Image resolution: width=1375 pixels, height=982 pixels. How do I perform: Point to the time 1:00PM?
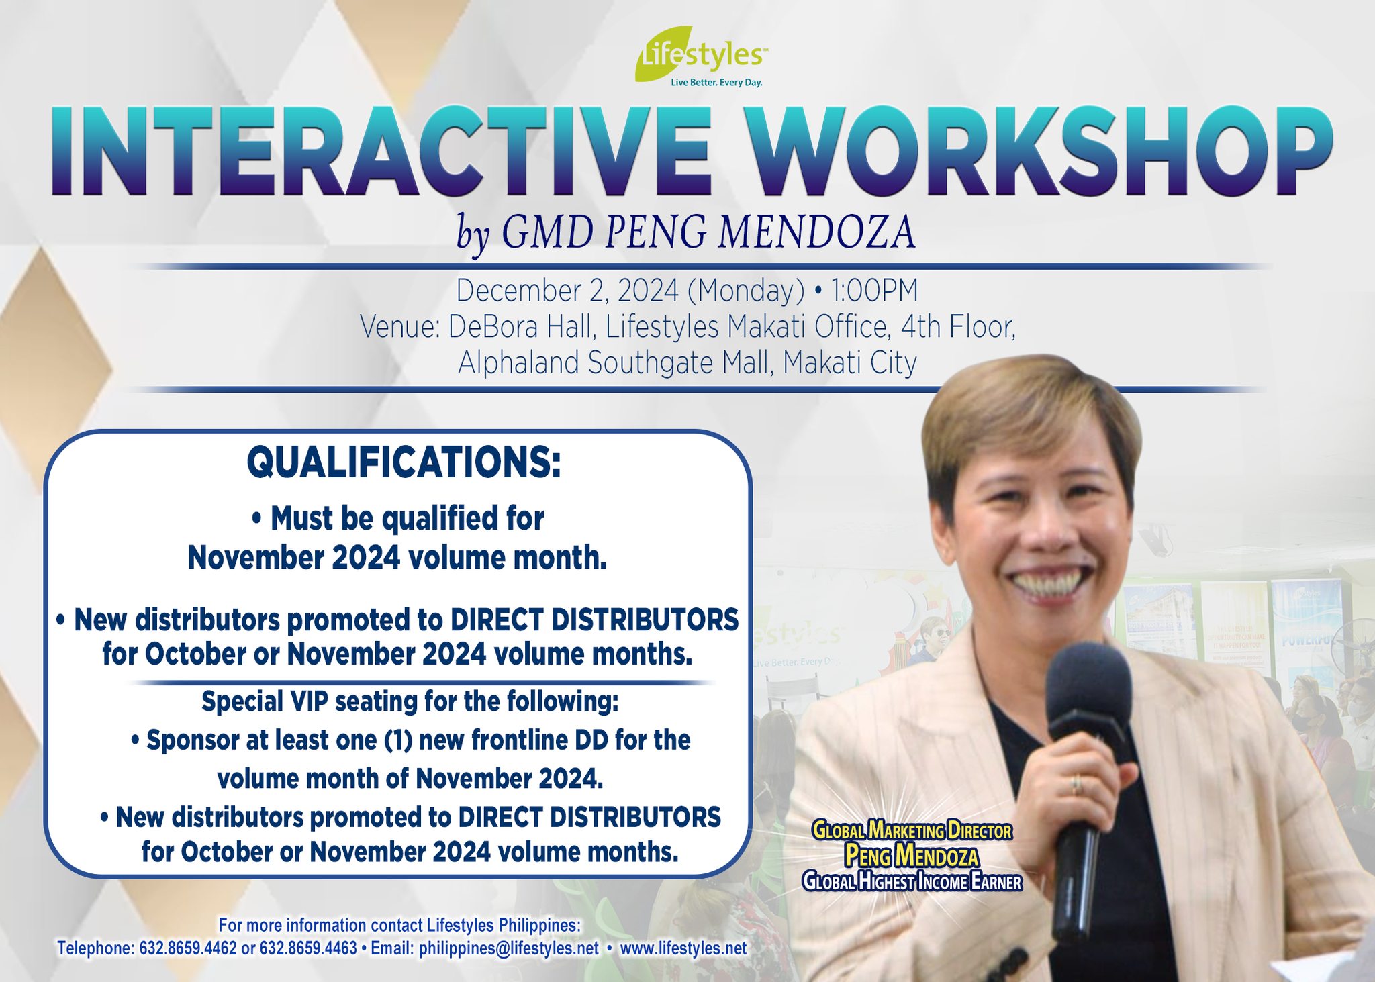pyautogui.click(x=874, y=291)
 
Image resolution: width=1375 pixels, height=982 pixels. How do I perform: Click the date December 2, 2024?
pyautogui.click(x=567, y=291)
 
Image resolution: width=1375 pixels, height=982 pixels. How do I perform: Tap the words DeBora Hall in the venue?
pyautogui.click(x=521, y=328)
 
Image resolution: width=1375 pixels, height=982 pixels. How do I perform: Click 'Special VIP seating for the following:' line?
pyautogui.click(x=410, y=701)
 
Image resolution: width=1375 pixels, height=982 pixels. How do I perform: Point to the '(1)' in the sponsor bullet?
pyautogui.click(x=401, y=740)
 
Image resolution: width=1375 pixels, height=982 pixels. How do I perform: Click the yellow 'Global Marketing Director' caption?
pyautogui.click(x=912, y=830)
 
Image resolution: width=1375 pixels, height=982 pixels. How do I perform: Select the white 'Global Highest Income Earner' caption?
pyautogui.click(x=912, y=881)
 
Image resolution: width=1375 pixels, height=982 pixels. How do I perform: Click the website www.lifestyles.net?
pyautogui.click(x=683, y=948)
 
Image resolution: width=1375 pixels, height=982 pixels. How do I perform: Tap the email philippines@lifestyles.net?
pyautogui.click(x=508, y=948)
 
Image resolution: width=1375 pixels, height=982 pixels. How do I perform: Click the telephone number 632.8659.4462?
pyautogui.click(x=188, y=948)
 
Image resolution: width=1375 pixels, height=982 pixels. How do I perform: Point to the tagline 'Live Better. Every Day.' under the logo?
pyautogui.click(x=716, y=83)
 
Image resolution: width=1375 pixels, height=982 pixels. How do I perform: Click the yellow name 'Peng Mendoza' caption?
pyautogui.click(x=912, y=856)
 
